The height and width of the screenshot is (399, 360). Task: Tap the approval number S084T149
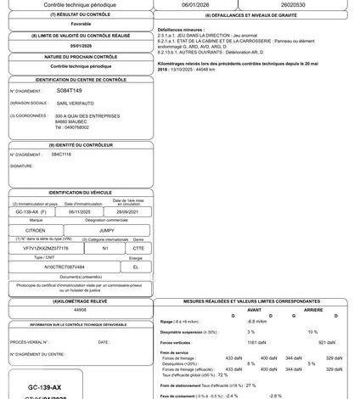[70, 89]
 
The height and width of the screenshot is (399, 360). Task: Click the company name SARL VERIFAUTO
[77, 102]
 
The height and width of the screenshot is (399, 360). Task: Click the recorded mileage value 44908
[81, 311]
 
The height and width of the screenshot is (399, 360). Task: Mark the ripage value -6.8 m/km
[258, 322]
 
